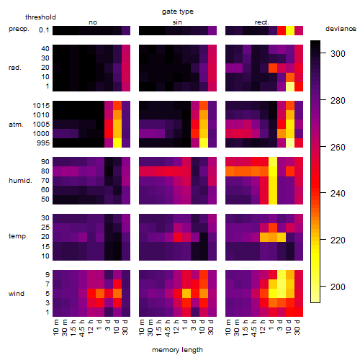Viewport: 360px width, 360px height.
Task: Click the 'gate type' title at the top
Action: (178, 12)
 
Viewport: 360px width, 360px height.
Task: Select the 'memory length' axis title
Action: (177, 350)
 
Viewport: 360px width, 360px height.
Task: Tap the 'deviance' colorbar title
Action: (341, 29)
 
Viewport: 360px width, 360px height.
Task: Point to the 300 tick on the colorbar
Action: (323, 53)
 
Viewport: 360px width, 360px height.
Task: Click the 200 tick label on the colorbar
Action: (338, 287)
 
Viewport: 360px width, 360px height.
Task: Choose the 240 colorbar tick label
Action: (338, 193)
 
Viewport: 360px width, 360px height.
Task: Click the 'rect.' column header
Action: (261, 22)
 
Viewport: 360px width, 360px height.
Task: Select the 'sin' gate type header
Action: (177, 22)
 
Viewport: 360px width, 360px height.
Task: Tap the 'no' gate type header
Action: (93, 22)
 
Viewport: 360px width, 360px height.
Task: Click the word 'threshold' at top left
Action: (40, 17)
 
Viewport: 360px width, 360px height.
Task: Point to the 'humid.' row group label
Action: (20, 181)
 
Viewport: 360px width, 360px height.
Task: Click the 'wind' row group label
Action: (17, 294)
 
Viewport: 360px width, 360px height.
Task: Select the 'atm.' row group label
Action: (16, 125)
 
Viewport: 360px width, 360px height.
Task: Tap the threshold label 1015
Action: (41, 105)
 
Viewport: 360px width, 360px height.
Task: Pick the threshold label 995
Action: (43, 143)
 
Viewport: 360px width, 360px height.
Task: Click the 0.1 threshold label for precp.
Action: (44, 30)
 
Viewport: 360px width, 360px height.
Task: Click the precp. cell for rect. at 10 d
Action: (290, 30)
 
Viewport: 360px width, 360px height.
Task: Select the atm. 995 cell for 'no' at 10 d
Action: (117, 143)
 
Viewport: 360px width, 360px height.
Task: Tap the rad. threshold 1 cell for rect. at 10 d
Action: (290, 86)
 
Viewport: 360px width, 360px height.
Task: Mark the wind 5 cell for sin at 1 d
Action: (186, 294)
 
